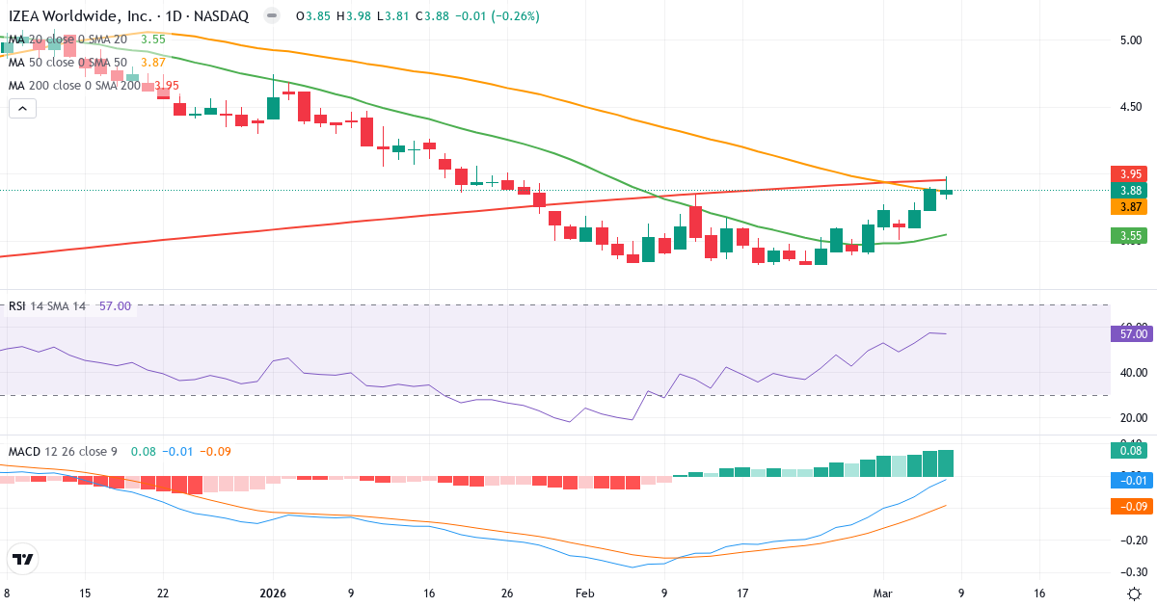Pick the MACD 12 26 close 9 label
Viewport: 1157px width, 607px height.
pos(64,451)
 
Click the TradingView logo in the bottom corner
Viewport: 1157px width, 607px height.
pos(22,559)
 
